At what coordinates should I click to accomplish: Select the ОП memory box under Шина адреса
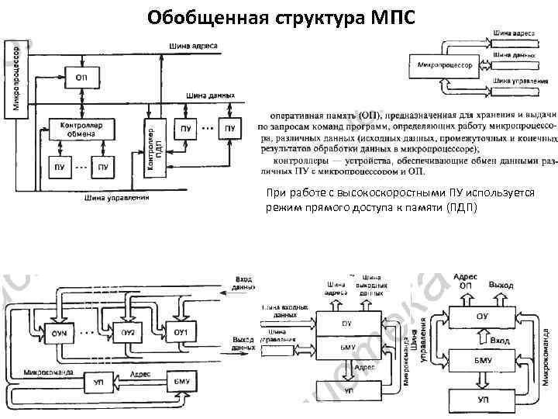[81, 78]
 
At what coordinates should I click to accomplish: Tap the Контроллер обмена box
[81, 129]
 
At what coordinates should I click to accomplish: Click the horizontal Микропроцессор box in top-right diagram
[445, 65]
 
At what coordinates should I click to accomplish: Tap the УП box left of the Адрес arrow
[98, 383]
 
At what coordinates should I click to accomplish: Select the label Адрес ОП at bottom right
[465, 281]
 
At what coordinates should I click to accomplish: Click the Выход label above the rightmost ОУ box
[501, 286]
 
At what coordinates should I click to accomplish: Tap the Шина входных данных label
[284, 313]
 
